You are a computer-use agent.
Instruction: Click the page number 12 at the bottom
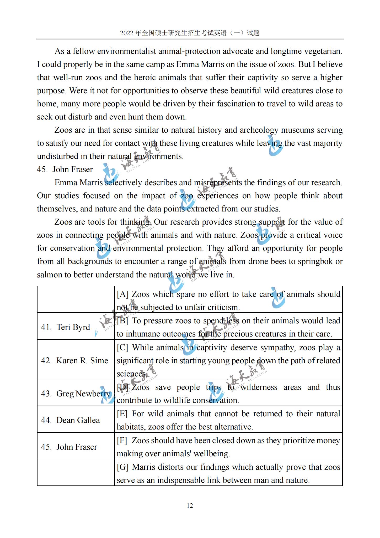click(x=190, y=505)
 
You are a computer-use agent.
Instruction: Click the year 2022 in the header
click(x=127, y=33)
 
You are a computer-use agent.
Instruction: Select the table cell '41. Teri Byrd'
click(x=66, y=327)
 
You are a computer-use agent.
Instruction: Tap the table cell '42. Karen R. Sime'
click(x=74, y=360)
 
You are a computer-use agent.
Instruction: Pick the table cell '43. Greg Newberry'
click(x=75, y=394)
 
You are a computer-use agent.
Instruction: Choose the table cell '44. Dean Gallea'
click(x=70, y=420)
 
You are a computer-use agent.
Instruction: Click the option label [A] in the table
click(x=123, y=294)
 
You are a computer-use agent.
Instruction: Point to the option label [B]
click(x=122, y=321)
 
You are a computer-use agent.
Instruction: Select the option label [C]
click(x=122, y=348)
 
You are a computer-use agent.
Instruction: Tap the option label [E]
click(x=122, y=414)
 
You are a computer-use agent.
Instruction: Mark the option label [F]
click(x=122, y=441)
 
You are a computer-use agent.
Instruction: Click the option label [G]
click(x=123, y=467)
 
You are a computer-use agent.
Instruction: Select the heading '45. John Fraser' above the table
click(x=65, y=169)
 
